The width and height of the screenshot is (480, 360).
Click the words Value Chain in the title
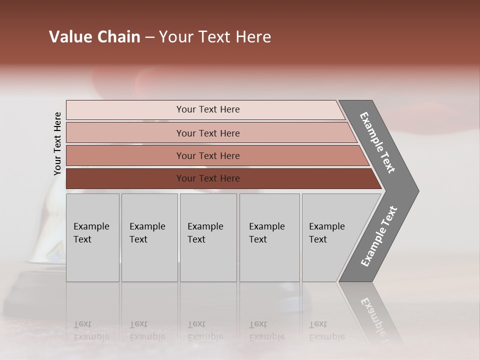94,37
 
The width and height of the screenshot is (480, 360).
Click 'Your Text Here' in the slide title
215,37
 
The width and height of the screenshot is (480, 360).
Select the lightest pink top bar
125,110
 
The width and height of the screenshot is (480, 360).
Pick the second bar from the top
125,133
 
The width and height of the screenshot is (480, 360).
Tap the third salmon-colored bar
125,155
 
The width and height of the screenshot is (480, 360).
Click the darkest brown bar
125,178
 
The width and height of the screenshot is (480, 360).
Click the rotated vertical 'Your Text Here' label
57,143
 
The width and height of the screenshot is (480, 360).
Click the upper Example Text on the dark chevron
377,142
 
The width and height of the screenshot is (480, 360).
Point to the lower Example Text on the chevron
379,236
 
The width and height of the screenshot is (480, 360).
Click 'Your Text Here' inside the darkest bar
208,178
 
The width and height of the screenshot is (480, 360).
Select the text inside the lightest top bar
208,109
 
